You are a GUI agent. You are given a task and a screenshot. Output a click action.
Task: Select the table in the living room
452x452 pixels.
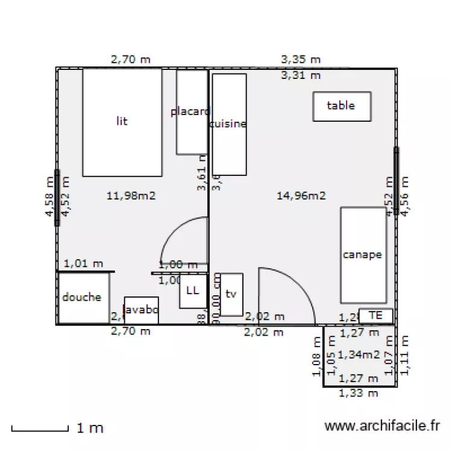click(x=341, y=106)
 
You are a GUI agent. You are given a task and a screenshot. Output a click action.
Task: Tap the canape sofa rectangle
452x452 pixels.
click(x=363, y=255)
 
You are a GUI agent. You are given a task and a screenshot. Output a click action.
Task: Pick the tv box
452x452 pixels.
click(x=231, y=294)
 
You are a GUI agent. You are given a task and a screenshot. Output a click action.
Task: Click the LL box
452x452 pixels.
click(x=192, y=291)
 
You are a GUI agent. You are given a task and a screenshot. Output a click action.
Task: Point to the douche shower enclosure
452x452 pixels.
click(x=83, y=298)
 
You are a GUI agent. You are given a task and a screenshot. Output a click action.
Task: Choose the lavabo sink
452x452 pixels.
click(x=141, y=310)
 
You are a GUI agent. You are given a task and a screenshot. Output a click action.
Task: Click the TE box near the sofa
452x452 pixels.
click(x=376, y=315)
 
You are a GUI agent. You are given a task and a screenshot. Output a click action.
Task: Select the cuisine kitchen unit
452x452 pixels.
click(x=229, y=124)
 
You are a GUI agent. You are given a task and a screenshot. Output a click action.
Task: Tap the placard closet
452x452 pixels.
click(x=191, y=112)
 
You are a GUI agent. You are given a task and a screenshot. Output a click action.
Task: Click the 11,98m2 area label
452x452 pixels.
click(x=131, y=195)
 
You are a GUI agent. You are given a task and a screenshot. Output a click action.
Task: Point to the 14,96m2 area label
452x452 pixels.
click(x=301, y=195)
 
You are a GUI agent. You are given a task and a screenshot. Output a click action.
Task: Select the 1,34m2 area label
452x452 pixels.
click(x=359, y=355)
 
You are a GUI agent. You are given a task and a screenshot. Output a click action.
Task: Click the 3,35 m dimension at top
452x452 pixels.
click(x=301, y=60)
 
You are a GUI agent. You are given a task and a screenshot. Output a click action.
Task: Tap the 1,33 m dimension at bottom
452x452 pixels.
click(x=359, y=394)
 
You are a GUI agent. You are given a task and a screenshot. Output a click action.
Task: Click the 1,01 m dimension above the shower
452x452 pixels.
click(x=84, y=263)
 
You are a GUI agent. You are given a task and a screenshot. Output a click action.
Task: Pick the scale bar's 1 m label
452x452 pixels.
click(x=90, y=428)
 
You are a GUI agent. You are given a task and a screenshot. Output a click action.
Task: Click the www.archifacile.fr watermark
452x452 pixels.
click(x=382, y=427)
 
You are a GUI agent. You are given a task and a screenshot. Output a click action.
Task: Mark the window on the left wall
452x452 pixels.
click(x=57, y=198)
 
